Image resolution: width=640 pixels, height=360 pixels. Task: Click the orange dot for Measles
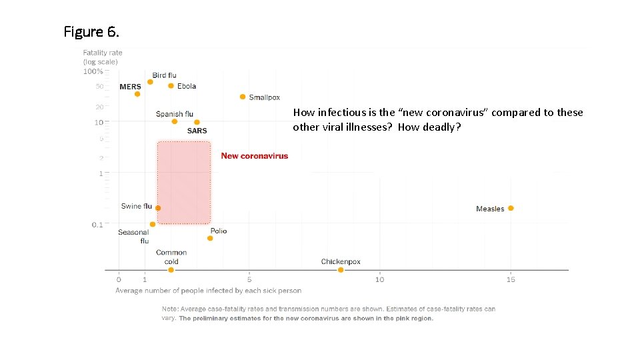coord(511,208)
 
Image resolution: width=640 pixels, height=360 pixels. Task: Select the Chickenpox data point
coord(341,270)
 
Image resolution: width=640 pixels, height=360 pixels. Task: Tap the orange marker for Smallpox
coord(243,97)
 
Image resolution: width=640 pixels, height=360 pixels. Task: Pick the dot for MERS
coord(137,94)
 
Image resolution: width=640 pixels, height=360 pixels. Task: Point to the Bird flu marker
coord(150,82)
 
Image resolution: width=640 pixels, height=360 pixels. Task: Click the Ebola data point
coord(171,85)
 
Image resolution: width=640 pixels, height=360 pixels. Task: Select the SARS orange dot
coord(197,122)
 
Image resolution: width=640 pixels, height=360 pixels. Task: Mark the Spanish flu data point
coord(175,121)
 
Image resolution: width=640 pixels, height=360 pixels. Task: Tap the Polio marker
coord(210,238)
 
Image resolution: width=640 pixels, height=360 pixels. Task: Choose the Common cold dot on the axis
coord(171,270)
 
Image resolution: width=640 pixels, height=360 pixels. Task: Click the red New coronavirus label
coord(255,156)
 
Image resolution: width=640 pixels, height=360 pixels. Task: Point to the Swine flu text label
coord(136,206)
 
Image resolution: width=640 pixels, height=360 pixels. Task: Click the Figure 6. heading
coord(92,31)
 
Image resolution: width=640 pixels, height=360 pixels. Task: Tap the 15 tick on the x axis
coord(511,279)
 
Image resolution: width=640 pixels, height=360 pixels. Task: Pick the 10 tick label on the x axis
coord(379,279)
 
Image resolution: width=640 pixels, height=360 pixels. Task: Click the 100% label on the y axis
coord(93,71)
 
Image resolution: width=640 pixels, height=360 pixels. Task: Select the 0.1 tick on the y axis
coord(97,225)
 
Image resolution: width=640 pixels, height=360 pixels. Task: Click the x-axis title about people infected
coord(208,291)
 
